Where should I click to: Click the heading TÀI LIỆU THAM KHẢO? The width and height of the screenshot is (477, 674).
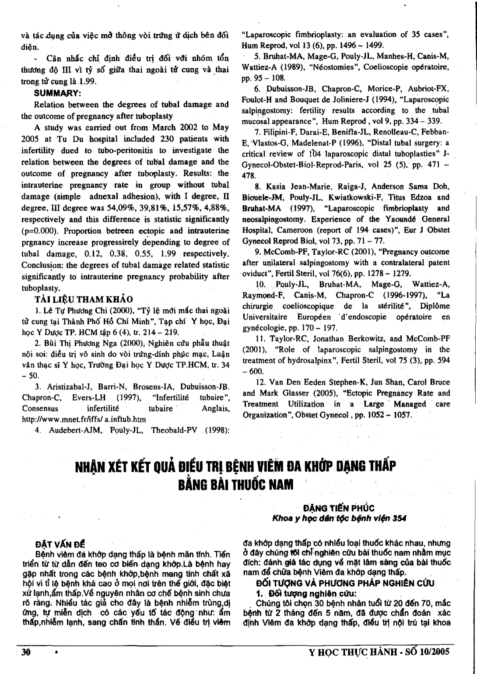click(84, 299)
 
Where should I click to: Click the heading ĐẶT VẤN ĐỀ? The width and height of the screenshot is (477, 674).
click(60, 544)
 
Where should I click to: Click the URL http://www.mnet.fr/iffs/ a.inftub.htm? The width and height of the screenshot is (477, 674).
click(84, 419)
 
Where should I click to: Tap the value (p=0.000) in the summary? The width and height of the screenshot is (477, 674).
click(38, 231)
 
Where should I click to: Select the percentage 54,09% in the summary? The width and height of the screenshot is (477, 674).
click(114, 208)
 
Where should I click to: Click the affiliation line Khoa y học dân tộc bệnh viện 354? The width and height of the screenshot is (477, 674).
click(339, 518)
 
